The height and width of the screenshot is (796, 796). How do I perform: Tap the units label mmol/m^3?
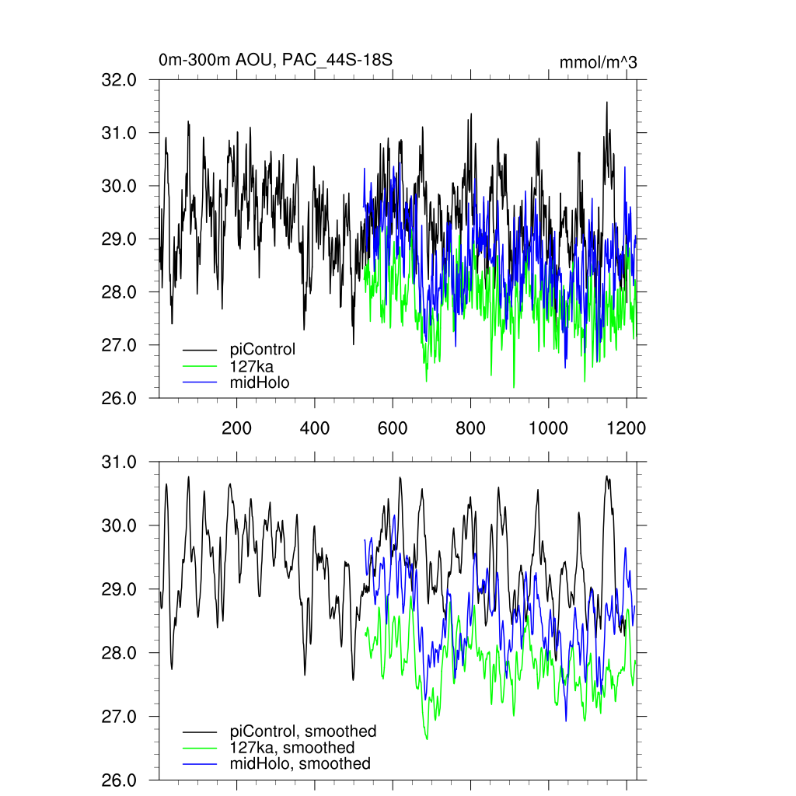point(598,62)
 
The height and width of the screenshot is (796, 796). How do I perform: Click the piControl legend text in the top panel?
point(263,349)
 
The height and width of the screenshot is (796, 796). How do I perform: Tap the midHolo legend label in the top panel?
point(259,382)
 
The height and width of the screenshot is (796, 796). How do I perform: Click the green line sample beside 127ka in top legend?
point(200,366)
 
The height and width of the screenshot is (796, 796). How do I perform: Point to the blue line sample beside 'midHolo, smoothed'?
point(200,764)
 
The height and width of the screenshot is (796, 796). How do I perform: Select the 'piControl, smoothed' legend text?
point(303,731)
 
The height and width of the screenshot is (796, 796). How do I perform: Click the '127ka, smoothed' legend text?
point(292,748)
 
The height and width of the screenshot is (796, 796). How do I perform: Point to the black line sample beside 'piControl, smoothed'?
point(200,732)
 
